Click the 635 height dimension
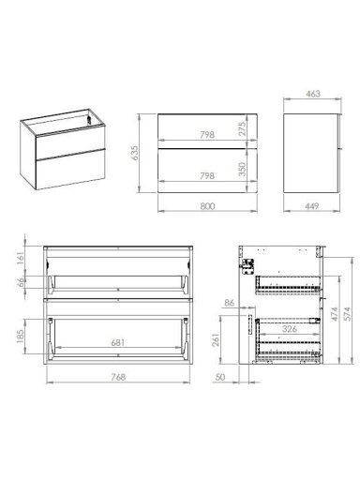coord(134,153)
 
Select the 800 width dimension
coord(207,206)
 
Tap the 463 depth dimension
coord(313,94)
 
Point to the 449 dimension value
coord(311,206)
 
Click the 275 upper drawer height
coord(243,128)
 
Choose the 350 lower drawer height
coord(243,169)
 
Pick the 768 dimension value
coord(118,377)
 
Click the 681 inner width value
coord(118,342)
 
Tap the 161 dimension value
coord(20,258)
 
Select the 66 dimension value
coord(20,282)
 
